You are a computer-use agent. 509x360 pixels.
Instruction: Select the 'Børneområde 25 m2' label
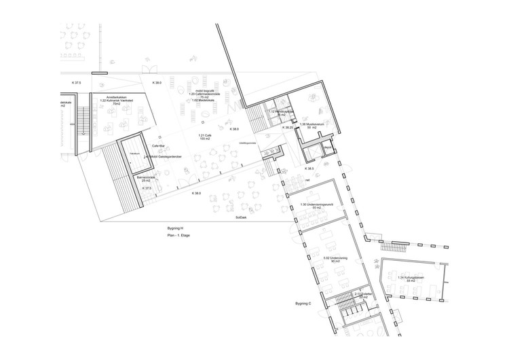point(141,179)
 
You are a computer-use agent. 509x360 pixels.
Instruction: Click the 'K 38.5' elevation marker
point(309,168)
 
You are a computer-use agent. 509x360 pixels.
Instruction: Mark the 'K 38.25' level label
point(288,127)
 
